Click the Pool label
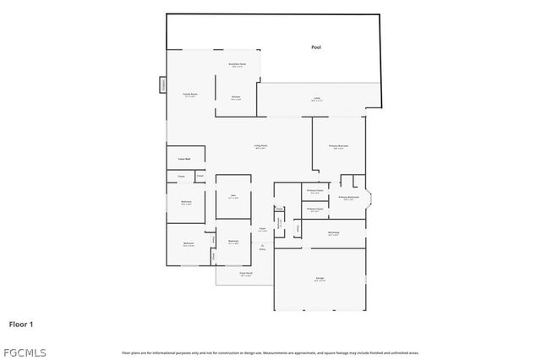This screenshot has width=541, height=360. [316, 48]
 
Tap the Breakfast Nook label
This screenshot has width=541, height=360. [238, 64]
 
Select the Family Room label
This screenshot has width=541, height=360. [190, 94]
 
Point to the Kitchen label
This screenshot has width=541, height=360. [237, 97]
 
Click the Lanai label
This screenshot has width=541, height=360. [316, 99]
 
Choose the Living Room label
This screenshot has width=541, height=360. [261, 145]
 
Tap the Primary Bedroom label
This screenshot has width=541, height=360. [338, 145]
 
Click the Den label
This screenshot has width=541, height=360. [233, 196]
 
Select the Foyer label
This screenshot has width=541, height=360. [262, 228]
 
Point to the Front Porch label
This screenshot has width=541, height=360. [246, 273]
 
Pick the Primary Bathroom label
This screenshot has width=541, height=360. [349, 198]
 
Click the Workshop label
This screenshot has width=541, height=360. [333, 232]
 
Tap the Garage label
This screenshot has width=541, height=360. [320, 278]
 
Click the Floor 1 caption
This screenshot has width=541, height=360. [21, 323]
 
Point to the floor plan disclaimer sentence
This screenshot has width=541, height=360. [270, 352]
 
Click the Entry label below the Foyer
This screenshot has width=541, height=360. [262, 248]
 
